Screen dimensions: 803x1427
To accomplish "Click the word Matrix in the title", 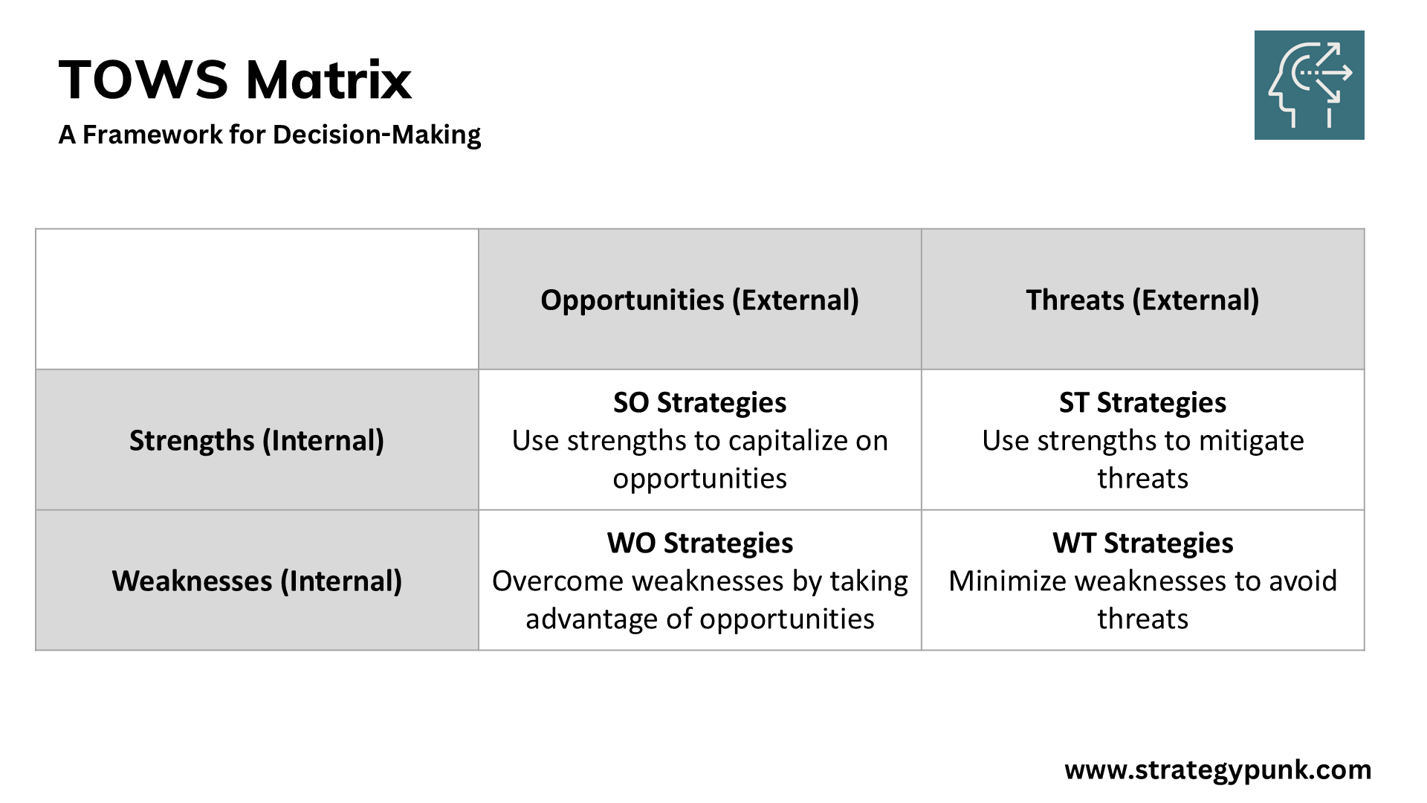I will click(329, 80).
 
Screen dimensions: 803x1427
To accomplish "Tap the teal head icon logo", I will click(1309, 85).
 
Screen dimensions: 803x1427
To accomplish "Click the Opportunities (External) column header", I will click(699, 300).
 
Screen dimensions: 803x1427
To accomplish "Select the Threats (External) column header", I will click(1142, 300).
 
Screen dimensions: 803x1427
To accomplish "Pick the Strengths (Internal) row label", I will click(256, 440).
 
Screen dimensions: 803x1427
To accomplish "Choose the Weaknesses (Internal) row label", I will click(256, 581).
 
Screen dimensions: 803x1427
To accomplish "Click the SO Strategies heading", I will click(699, 402).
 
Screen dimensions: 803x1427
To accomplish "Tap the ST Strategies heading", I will click(1142, 402).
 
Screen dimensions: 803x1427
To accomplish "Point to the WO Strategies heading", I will click(699, 543).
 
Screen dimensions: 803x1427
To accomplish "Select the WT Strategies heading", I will click(1142, 543).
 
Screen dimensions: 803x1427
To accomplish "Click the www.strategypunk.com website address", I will click(1217, 770).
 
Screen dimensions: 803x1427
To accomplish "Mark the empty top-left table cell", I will click(256, 299).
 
